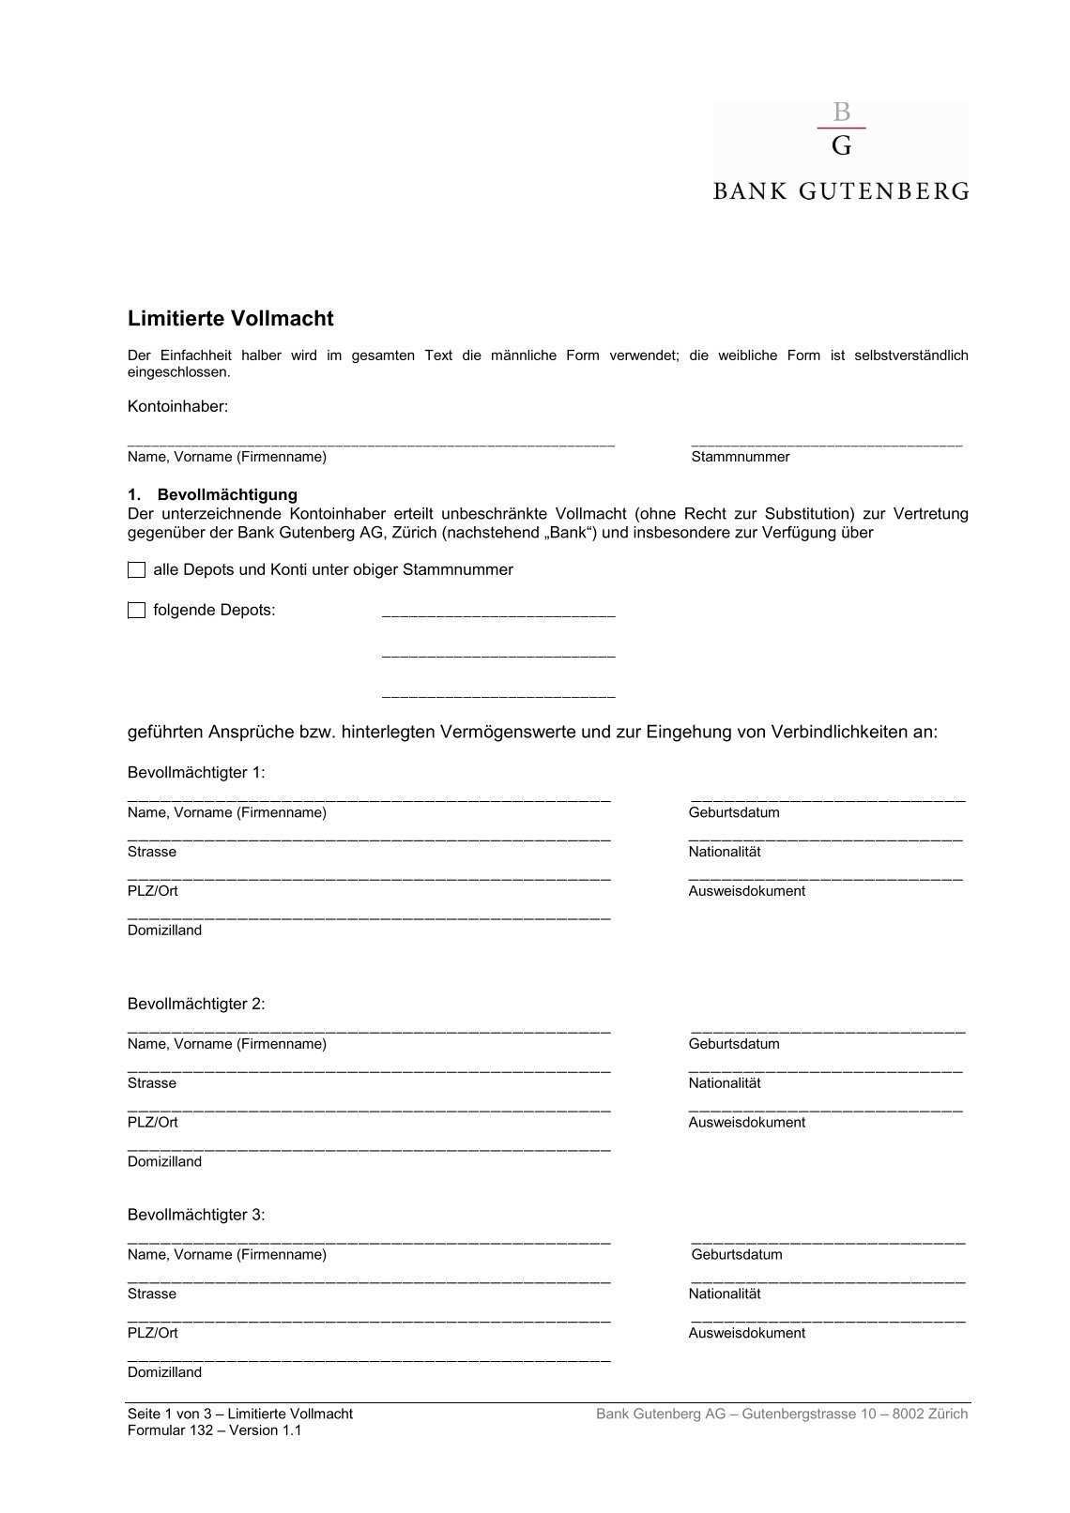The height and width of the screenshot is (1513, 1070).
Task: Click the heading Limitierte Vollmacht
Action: point(231,319)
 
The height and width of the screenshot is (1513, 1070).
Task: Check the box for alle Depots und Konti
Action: point(137,570)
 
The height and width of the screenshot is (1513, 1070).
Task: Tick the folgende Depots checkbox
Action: point(137,611)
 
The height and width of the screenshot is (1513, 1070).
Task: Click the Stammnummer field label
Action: point(741,457)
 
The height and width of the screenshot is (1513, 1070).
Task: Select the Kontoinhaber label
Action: point(178,406)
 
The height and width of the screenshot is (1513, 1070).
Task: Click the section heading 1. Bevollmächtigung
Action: point(213,494)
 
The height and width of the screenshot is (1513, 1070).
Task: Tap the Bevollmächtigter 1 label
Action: point(196,773)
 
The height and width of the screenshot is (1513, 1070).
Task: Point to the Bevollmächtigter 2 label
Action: point(196,1004)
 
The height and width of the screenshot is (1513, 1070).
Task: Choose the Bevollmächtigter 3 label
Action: point(196,1215)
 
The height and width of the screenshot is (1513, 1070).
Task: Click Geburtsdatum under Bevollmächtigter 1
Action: point(734,812)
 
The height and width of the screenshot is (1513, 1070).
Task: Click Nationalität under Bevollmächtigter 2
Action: point(725,1083)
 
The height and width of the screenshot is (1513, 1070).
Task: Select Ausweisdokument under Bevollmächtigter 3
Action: point(747,1333)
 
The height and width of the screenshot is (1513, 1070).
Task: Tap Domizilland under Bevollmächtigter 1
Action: point(165,930)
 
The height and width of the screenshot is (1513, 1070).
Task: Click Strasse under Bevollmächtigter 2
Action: point(152,1083)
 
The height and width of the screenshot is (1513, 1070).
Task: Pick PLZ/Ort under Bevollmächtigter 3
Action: point(153,1333)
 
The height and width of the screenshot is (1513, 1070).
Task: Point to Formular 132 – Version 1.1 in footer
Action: point(215,1430)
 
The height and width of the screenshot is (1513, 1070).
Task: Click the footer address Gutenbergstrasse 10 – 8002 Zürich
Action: point(854,1415)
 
